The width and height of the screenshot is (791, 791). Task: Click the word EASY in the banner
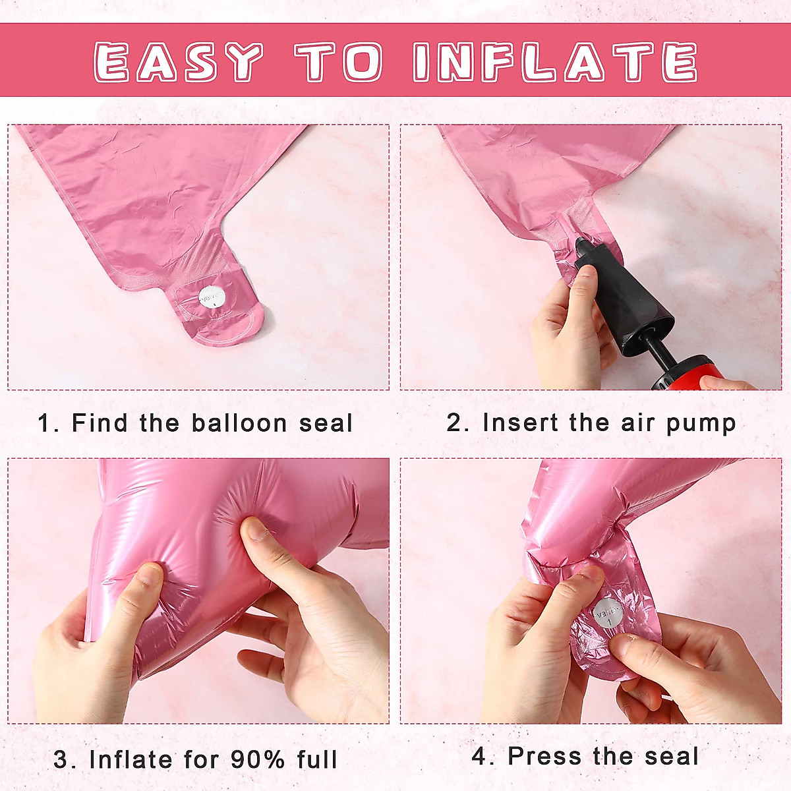(178, 61)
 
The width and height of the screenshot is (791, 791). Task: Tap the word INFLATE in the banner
(555, 61)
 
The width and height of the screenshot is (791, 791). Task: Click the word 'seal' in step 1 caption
(326, 423)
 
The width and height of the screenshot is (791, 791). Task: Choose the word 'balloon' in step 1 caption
(239, 423)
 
